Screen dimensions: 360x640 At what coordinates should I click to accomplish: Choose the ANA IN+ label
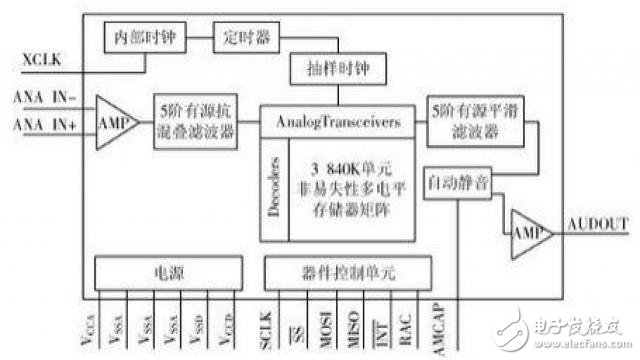click(41, 124)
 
